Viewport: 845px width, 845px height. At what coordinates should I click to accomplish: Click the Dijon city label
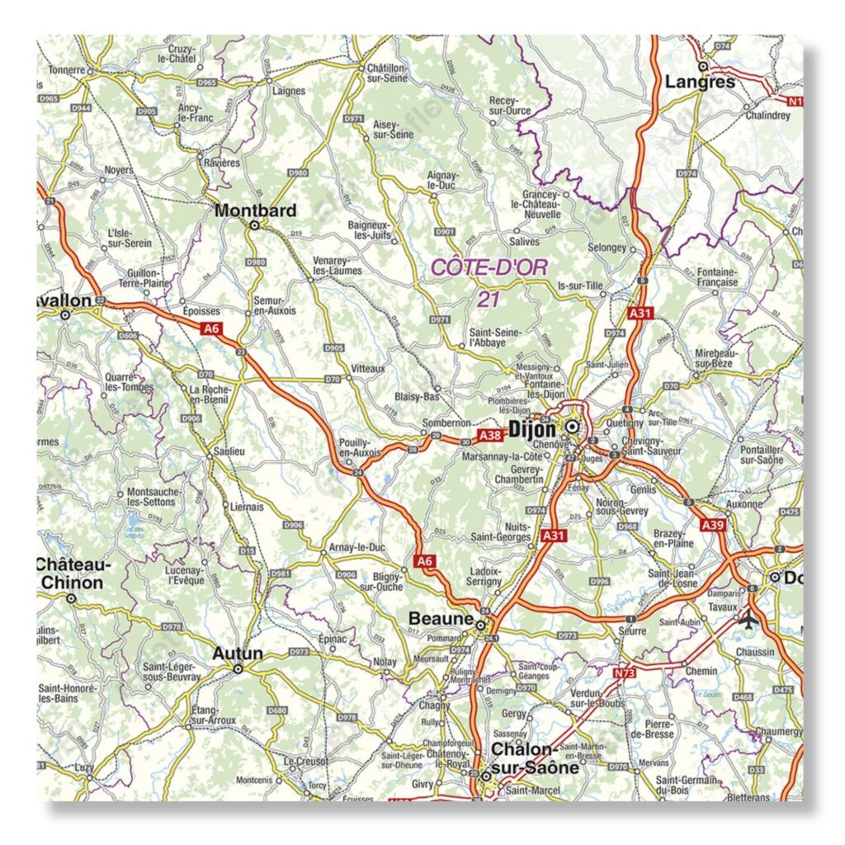533,428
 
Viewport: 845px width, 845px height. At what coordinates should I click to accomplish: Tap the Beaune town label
441,618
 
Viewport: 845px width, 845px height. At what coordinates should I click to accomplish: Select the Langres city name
700,82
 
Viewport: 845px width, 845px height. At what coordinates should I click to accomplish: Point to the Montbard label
255,210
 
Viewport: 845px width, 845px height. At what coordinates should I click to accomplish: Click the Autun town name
238,654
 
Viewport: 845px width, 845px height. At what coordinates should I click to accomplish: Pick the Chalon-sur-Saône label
523,758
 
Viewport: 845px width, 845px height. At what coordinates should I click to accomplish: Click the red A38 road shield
490,435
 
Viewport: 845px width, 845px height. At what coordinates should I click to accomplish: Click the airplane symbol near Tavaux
749,618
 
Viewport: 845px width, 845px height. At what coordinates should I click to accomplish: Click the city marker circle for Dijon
571,427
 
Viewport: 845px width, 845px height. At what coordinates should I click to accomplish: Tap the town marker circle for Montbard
255,224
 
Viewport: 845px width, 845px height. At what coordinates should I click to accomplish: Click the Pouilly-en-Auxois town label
361,447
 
